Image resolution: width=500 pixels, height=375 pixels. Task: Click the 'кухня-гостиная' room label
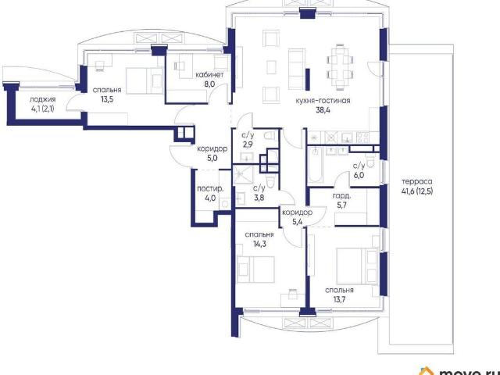[x=323, y=101]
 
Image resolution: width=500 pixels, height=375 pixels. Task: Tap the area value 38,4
[x=323, y=110]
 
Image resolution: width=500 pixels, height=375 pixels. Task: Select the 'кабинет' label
[x=209, y=75]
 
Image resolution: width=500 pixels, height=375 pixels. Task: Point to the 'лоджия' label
[x=43, y=99]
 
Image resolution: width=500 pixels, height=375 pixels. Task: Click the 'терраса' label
[x=417, y=182]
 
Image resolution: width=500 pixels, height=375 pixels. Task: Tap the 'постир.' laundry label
[x=210, y=189]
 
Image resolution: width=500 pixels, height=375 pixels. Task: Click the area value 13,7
[x=339, y=300]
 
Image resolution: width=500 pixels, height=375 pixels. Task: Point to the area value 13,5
[x=107, y=99]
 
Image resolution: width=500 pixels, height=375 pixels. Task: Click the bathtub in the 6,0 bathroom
[x=315, y=165]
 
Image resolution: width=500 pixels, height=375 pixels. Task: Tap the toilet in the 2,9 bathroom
[x=270, y=135]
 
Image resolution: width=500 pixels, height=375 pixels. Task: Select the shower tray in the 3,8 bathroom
[x=243, y=174]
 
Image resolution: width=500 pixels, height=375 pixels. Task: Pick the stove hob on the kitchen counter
[x=363, y=137]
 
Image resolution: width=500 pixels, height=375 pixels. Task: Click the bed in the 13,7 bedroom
[x=358, y=266]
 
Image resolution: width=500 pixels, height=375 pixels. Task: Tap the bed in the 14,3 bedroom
[x=255, y=270]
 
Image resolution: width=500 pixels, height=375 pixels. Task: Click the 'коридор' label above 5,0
[x=212, y=149]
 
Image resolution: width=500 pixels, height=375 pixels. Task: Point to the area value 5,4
[x=297, y=222]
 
